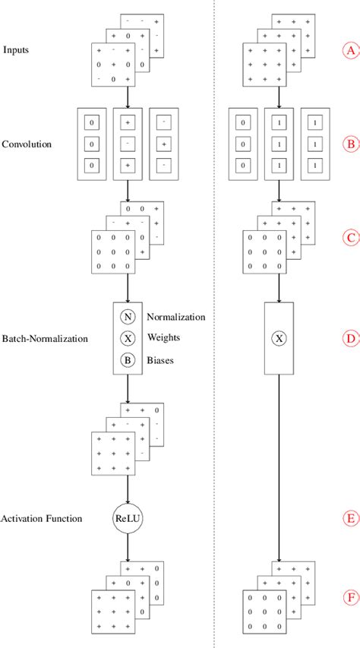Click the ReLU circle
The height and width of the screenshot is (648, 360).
(x=128, y=518)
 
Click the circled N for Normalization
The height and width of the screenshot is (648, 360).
(x=128, y=317)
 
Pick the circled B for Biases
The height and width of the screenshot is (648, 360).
(x=128, y=361)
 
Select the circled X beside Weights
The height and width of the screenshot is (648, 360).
(x=128, y=339)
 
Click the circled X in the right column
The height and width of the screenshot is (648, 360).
(x=279, y=338)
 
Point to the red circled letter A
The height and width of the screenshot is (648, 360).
(x=350, y=51)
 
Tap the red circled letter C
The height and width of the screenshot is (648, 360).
(x=350, y=238)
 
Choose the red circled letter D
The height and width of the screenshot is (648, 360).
(x=350, y=338)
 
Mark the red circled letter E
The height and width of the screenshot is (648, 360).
(x=350, y=519)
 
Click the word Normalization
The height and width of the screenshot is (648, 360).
(x=175, y=317)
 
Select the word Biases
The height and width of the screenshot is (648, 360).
(x=160, y=361)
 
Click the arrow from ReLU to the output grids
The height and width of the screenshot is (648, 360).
(x=128, y=548)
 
